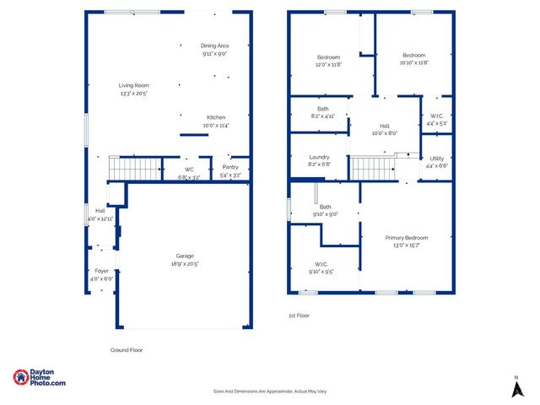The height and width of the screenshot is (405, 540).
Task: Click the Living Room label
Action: coord(133,85)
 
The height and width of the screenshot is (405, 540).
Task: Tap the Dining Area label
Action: coord(214,46)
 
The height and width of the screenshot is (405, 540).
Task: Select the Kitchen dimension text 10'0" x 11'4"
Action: coord(216,126)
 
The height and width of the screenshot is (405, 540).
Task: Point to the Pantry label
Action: coord(230,167)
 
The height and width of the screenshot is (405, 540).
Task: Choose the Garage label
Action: coord(186,256)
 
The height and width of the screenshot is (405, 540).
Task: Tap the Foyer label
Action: coord(100,271)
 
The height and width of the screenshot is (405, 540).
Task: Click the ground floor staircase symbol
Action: coord(136,169)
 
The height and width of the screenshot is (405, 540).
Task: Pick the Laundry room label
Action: coord(319,156)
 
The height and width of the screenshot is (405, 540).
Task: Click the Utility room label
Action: coord(436,158)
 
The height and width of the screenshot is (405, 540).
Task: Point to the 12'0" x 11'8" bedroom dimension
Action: coord(328,64)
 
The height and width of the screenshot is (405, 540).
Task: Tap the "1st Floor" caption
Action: coord(300,316)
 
